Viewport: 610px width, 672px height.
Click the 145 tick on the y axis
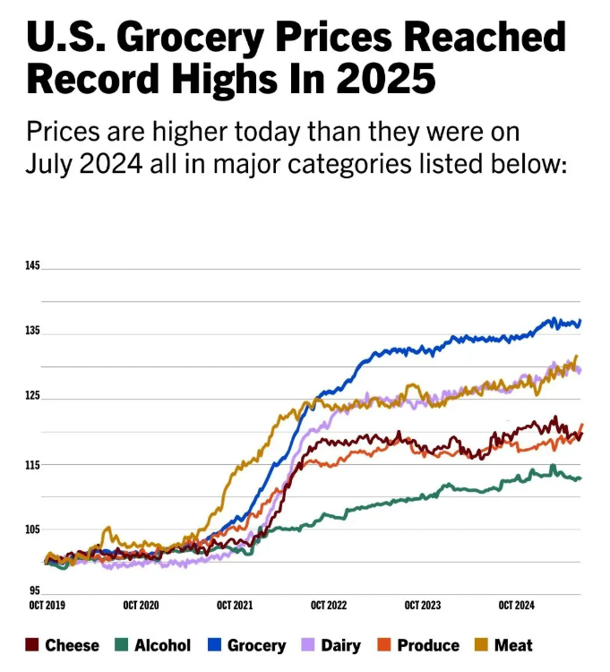pyautogui.click(x=33, y=267)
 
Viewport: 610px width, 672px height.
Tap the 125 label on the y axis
pyautogui.click(x=33, y=398)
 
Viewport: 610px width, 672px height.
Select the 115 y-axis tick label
pyautogui.click(x=33, y=464)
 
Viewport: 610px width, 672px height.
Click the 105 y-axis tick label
pyautogui.click(x=33, y=530)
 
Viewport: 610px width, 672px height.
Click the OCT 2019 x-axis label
pyautogui.click(x=47, y=607)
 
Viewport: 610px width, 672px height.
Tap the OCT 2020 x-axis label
pyautogui.click(x=141, y=607)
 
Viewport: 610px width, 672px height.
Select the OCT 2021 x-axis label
pyautogui.click(x=235, y=607)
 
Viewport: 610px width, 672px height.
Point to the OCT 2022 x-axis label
pyautogui.click(x=329, y=607)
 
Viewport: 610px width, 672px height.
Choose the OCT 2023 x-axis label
pyautogui.click(x=423, y=607)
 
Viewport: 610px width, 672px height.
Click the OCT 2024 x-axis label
pyautogui.click(x=516, y=607)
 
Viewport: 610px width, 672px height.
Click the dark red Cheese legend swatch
pyautogui.click(x=32, y=645)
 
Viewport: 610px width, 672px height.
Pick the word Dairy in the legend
pyautogui.click(x=339, y=645)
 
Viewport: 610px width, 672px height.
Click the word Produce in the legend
pyautogui.click(x=428, y=645)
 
